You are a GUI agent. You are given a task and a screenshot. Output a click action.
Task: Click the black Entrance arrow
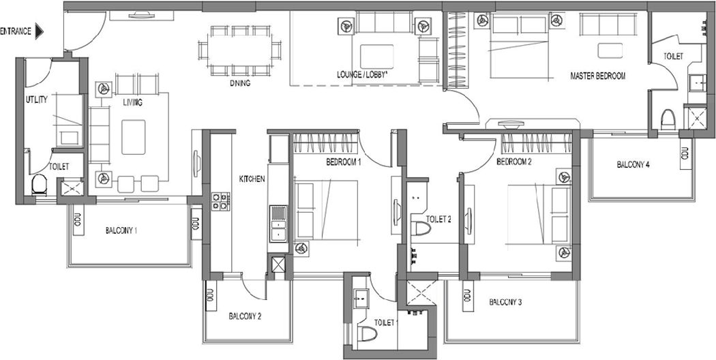[40, 31]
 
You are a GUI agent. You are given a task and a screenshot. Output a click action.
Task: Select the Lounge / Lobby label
[363, 74]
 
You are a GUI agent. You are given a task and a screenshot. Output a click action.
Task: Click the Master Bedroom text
[597, 76]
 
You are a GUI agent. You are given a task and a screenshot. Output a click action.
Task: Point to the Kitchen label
[252, 179]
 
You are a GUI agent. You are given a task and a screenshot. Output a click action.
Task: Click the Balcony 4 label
[633, 164]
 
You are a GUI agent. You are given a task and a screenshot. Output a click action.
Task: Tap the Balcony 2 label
[245, 316]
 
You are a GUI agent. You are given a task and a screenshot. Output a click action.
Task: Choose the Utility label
[37, 100]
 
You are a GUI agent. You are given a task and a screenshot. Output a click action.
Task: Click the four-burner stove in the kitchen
[220, 201]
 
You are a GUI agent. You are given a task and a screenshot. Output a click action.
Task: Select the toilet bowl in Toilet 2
[420, 228]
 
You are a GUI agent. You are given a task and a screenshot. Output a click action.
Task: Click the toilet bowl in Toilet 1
[367, 333]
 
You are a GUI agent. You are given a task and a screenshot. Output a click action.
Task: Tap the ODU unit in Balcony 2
[211, 295]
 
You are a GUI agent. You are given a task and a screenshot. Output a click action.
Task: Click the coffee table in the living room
[134, 137]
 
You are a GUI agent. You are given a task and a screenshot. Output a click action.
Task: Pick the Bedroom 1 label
[344, 162]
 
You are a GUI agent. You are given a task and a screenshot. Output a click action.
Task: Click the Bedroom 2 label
[514, 162]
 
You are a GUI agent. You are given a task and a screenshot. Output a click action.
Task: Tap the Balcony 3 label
[505, 302]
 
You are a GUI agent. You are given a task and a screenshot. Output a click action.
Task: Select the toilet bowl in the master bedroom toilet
[668, 120]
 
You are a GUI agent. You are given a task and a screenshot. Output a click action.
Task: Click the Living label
[132, 103]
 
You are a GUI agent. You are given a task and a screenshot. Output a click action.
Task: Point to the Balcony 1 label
[121, 230]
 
